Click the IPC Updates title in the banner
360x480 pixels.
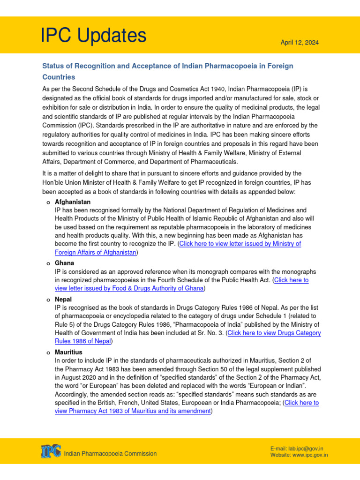[x=93, y=36]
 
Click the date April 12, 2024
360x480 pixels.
[x=299, y=43]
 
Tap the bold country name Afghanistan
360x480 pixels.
[x=73, y=202]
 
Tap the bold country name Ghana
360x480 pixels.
[x=64, y=263]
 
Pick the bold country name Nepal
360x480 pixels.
[x=63, y=299]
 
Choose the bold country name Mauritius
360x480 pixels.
[x=68, y=352]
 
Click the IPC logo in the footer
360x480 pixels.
[x=50, y=451]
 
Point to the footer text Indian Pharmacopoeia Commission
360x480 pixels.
[x=110, y=453]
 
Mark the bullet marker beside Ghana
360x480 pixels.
[x=48, y=264]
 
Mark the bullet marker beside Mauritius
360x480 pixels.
[x=48, y=352]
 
